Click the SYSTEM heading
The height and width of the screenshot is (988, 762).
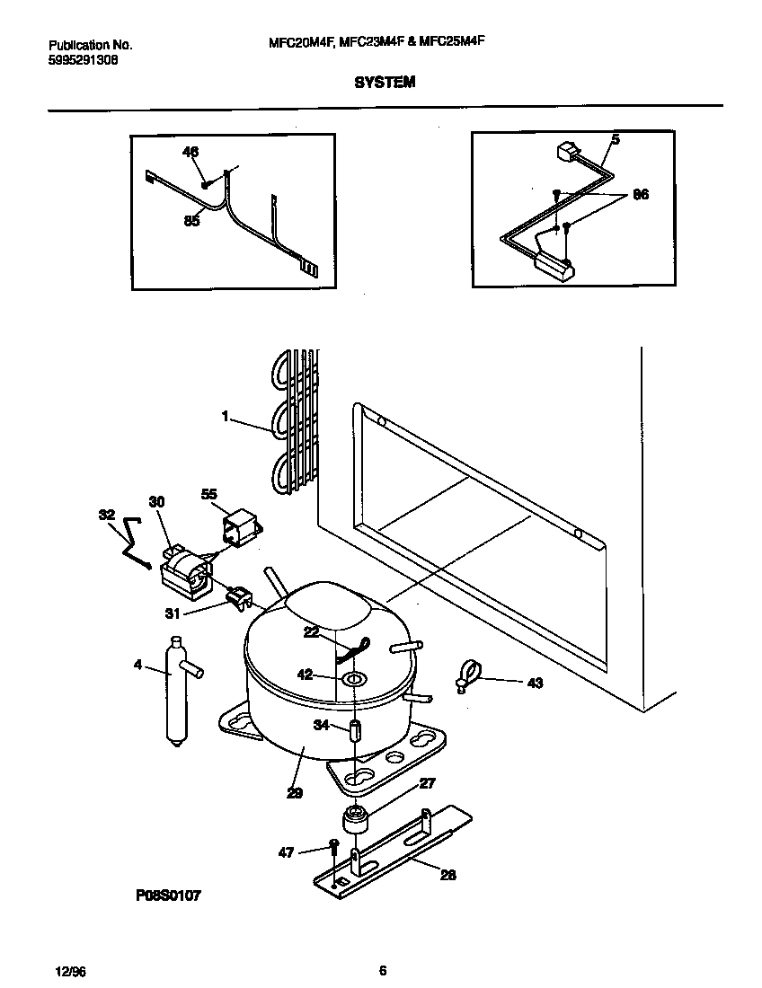click(384, 82)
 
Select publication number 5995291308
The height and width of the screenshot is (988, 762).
click(82, 59)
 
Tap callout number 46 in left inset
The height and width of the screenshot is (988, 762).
click(190, 152)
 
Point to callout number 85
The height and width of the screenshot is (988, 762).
click(191, 221)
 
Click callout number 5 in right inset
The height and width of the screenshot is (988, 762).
click(616, 139)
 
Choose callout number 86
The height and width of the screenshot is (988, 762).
click(640, 193)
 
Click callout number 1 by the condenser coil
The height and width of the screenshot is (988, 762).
click(226, 417)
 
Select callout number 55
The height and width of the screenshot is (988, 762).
click(209, 494)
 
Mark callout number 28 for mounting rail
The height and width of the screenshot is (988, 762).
click(447, 874)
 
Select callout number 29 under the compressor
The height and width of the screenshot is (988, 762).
click(295, 792)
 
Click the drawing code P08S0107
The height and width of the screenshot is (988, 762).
click(167, 895)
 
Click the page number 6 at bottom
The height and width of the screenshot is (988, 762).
click(383, 970)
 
